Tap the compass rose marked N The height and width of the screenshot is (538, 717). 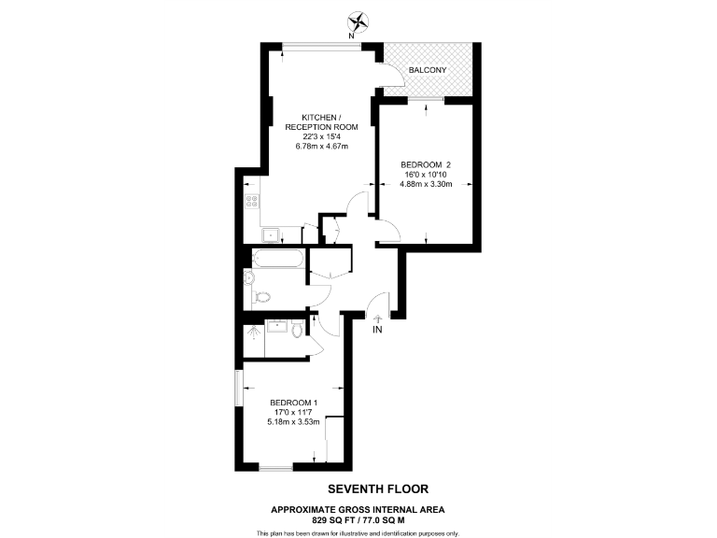(358, 21)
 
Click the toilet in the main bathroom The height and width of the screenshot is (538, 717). (261, 297)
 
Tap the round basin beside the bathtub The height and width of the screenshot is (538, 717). (249, 276)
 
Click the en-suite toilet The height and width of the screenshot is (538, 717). (297, 330)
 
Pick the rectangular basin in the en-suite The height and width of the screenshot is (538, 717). (275, 326)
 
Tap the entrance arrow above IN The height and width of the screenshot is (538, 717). (377, 318)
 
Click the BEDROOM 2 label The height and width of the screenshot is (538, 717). (426, 166)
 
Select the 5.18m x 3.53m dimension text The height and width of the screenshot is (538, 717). (293, 421)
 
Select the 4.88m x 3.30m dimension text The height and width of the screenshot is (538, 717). (426, 184)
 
